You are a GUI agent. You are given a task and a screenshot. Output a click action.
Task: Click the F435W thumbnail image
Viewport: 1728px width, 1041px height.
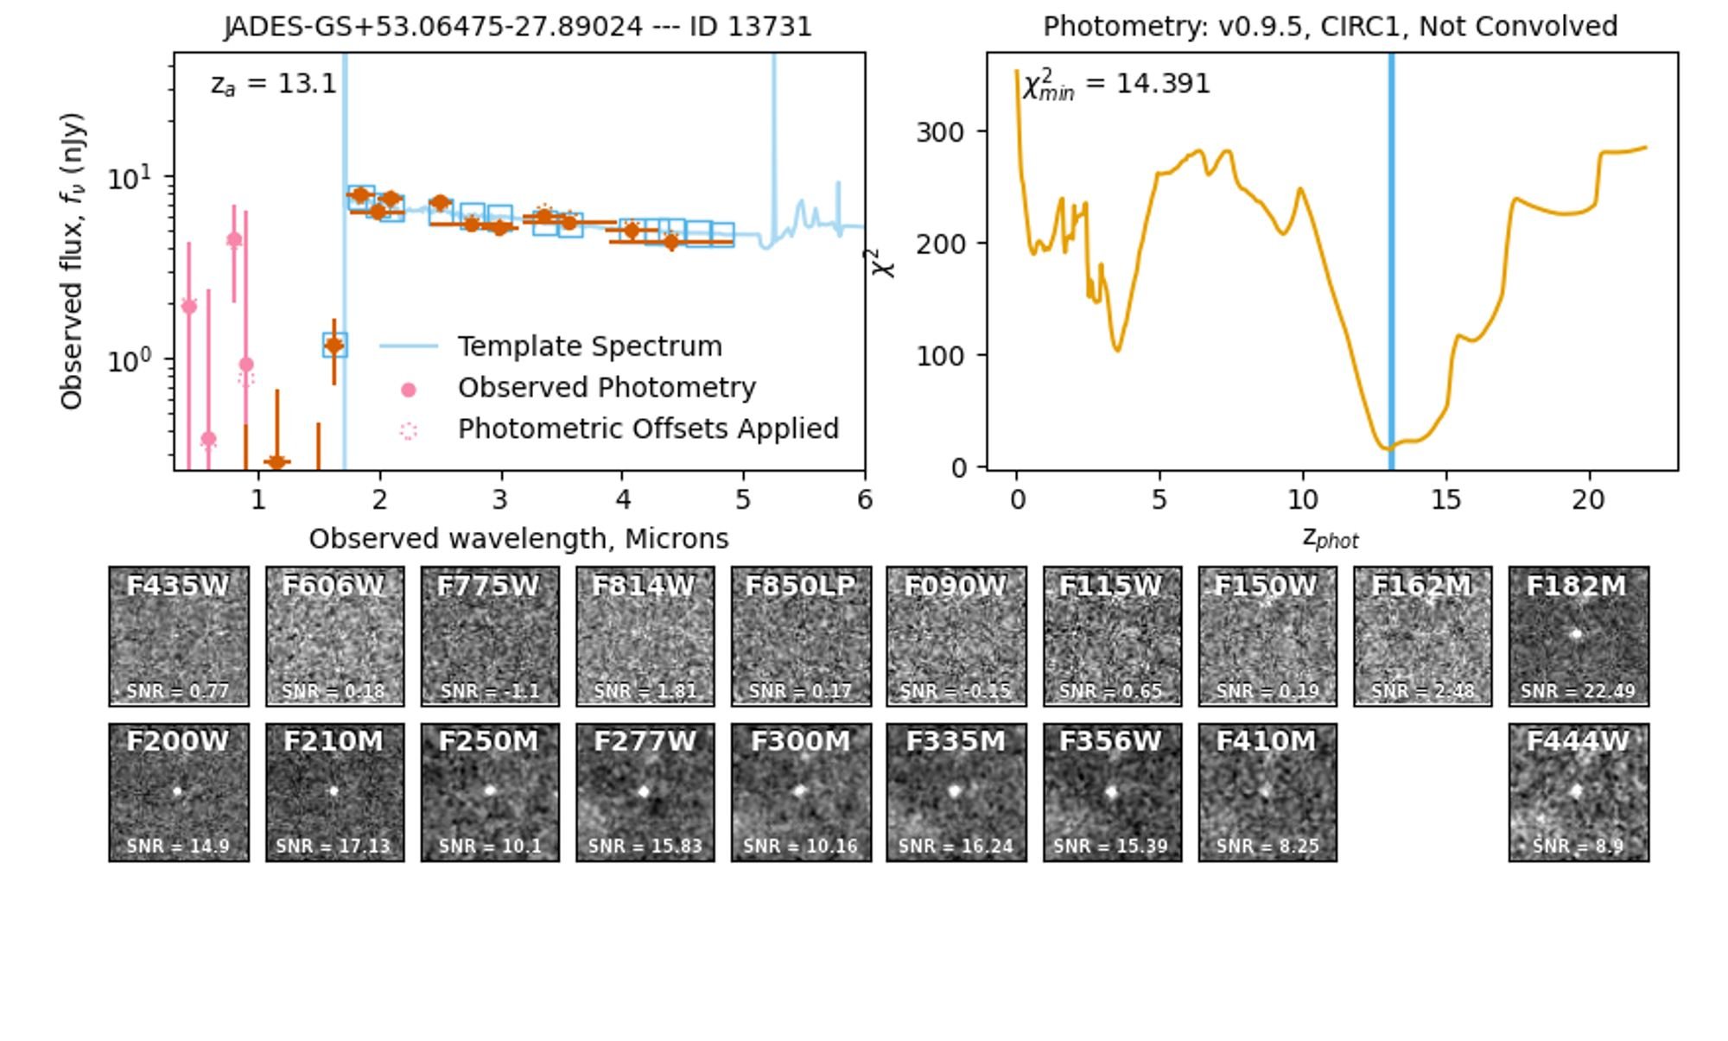(179, 636)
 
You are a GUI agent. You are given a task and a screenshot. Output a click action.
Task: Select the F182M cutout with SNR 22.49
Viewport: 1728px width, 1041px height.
(1579, 636)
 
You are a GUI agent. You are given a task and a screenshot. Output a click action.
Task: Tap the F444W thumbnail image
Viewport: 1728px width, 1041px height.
(1579, 792)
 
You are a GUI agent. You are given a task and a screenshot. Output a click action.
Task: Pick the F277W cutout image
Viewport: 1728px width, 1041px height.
(645, 792)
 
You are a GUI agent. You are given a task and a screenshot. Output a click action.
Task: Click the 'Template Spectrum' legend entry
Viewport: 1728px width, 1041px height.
(589, 346)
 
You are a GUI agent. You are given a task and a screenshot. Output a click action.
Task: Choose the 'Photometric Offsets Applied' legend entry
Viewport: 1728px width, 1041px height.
(648, 429)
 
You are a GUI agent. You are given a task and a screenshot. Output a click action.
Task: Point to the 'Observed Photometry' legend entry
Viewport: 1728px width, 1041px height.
(607, 388)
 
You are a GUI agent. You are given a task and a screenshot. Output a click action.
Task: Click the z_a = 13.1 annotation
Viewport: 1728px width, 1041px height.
(273, 84)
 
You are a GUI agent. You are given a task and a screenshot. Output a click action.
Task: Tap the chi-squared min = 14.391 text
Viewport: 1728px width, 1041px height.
(1116, 85)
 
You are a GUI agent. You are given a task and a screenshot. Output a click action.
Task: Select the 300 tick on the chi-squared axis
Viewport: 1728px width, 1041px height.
(939, 132)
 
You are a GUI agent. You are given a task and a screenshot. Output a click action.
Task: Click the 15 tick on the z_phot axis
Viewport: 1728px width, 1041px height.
(1445, 499)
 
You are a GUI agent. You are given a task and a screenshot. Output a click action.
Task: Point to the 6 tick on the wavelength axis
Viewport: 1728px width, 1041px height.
(865, 499)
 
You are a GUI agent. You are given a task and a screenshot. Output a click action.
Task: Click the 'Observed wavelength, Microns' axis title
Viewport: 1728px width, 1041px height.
(518, 539)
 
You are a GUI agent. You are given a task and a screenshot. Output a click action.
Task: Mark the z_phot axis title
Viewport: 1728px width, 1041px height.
(1331, 539)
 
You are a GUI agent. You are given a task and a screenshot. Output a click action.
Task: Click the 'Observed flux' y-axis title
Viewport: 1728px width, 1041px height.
(72, 261)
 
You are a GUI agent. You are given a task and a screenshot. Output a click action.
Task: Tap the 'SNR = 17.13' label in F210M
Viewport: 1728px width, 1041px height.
(334, 847)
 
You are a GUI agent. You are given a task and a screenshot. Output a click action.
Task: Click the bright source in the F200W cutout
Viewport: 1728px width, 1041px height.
(178, 790)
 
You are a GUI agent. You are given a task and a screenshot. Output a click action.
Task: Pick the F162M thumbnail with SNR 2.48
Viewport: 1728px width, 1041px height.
(1422, 636)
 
